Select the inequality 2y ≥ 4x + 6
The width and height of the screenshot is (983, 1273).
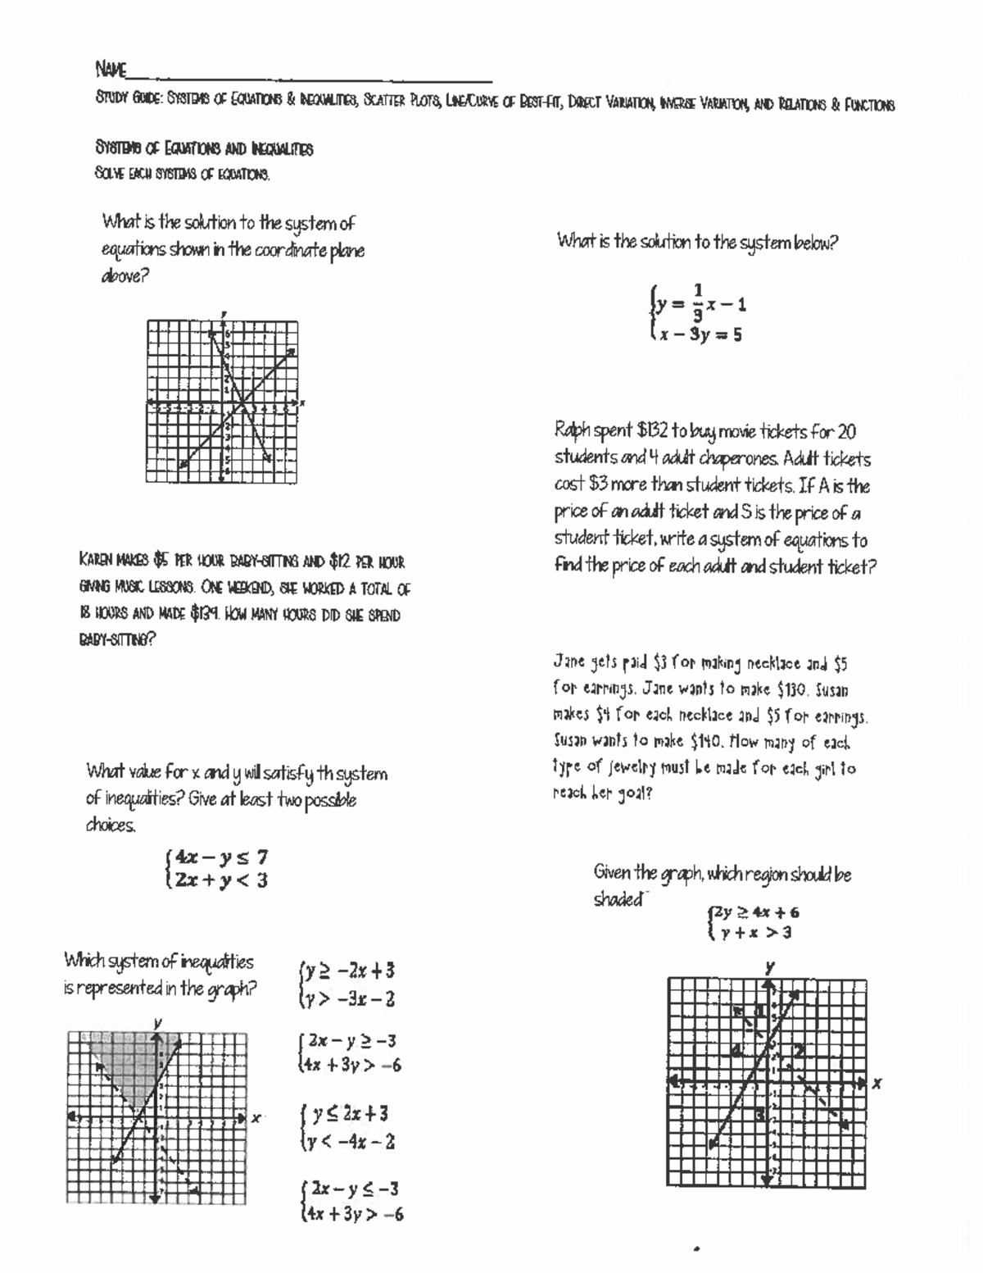[755, 912]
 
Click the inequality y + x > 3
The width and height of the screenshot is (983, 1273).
[755, 933]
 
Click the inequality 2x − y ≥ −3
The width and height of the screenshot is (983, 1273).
[351, 1041]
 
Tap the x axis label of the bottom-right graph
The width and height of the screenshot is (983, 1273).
[877, 1083]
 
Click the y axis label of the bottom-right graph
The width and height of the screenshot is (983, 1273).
[769, 967]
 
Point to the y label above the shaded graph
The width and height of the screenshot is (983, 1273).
[157, 1022]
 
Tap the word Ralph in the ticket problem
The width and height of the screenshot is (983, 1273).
[571, 431]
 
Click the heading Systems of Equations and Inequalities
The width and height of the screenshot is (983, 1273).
[204, 149]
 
